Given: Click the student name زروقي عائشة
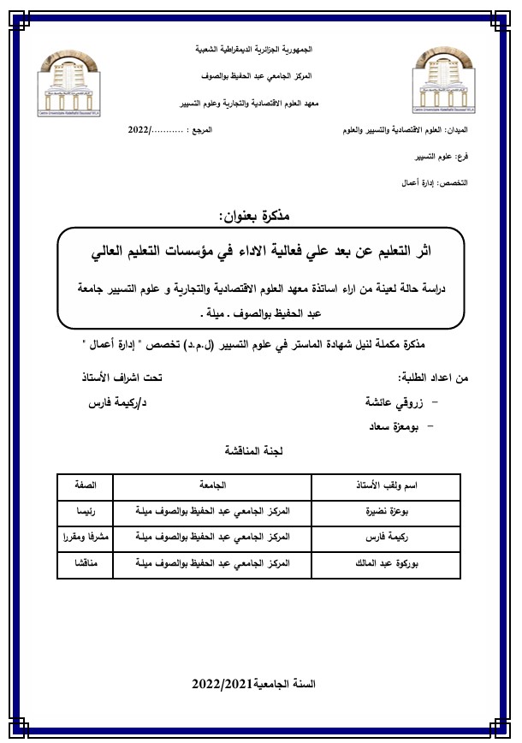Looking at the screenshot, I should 394,401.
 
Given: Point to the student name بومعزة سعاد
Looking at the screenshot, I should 395,425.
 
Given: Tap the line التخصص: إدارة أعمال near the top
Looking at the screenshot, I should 436,183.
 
